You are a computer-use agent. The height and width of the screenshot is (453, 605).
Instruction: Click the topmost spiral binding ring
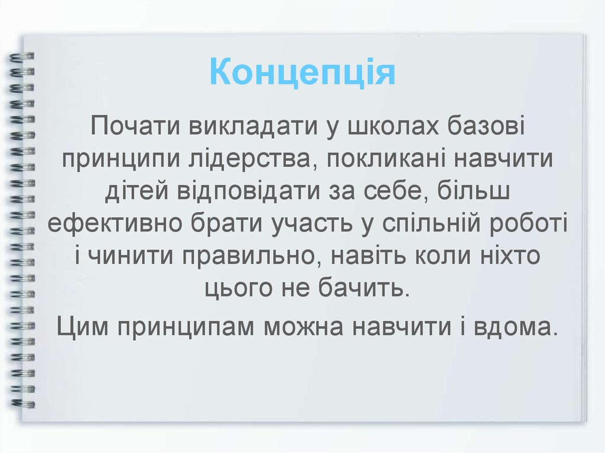tap(22, 57)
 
